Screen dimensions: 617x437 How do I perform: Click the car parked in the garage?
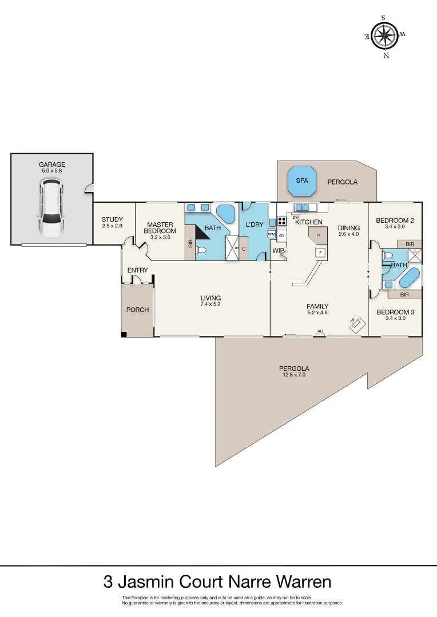(x=50, y=207)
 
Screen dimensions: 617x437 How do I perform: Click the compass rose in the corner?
(x=385, y=35)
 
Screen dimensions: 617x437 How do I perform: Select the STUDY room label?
(x=113, y=220)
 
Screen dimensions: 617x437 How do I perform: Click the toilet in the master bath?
(x=201, y=250)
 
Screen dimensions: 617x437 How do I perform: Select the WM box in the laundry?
(x=271, y=234)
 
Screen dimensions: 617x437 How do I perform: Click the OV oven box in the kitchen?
(x=281, y=235)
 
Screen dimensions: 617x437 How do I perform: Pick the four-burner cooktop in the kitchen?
(x=281, y=221)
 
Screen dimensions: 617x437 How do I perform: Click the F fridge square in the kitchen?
(x=320, y=252)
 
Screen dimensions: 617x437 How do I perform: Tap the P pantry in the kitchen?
(x=318, y=234)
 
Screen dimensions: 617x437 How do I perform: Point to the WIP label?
(x=279, y=250)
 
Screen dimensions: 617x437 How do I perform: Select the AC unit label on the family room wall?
(x=320, y=331)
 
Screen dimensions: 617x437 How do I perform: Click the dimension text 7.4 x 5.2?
(x=210, y=305)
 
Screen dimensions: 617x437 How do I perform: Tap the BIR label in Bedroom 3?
(x=404, y=295)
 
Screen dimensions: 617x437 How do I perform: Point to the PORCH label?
(x=137, y=310)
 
